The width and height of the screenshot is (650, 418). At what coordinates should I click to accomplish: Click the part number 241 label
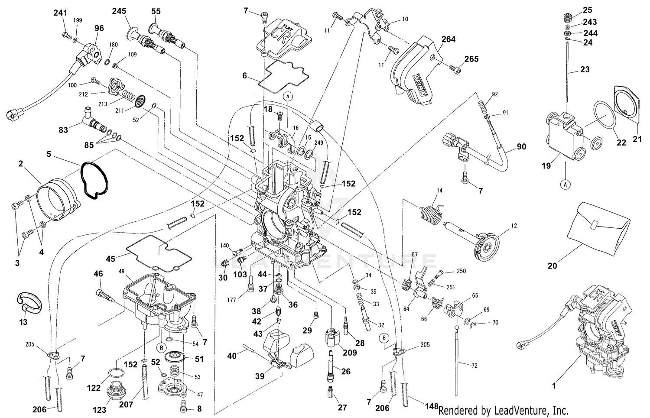60,13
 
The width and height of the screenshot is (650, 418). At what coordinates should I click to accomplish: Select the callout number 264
448,39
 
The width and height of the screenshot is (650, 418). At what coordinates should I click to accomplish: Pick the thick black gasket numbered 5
94,181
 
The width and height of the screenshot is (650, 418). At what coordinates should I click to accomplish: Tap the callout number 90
521,147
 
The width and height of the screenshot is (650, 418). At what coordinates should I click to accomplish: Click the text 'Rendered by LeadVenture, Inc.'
503,410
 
